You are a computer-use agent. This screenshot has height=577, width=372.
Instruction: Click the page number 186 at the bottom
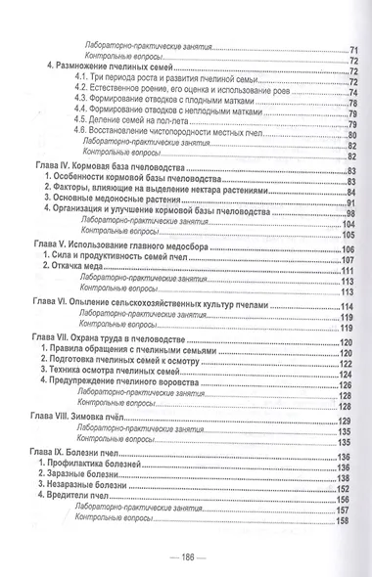pyautogui.click(x=185, y=558)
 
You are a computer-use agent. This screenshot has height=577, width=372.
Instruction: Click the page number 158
pyautogui.click(x=343, y=519)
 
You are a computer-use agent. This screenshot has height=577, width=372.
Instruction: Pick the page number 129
pyautogui.click(x=343, y=420)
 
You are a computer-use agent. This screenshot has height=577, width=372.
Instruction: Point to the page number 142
pyautogui.click(x=343, y=487)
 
